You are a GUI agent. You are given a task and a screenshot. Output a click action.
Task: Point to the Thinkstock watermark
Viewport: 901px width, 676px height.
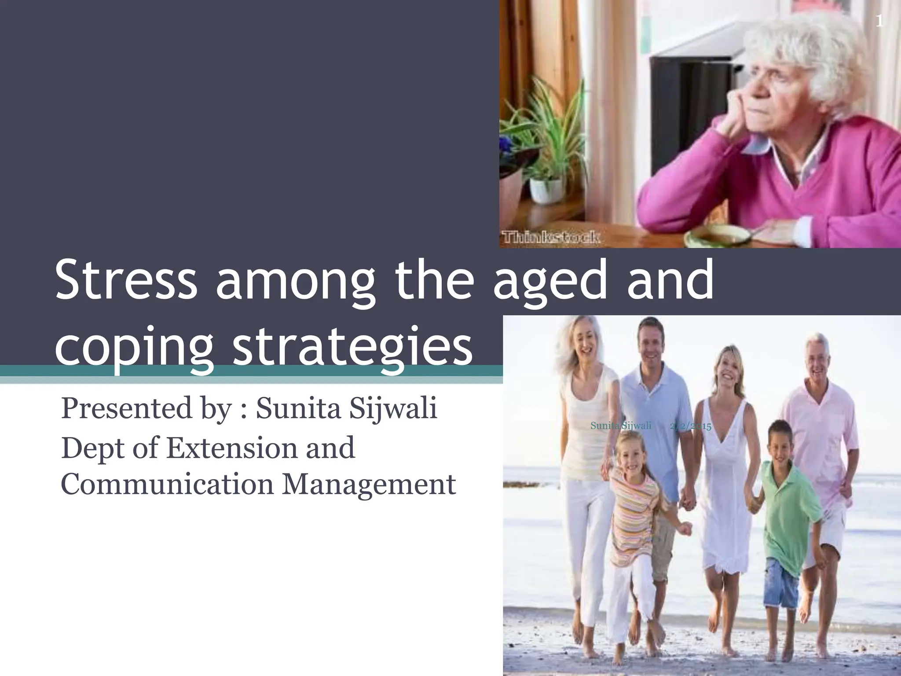550,238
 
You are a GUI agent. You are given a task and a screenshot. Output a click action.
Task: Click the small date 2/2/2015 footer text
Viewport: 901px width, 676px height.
691,426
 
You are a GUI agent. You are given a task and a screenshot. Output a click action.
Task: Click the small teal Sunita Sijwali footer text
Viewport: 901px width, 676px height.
620,426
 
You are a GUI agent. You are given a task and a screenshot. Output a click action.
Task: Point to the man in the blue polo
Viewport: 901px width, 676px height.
656,396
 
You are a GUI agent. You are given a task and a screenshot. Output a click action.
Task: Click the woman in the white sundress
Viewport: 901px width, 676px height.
726,462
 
